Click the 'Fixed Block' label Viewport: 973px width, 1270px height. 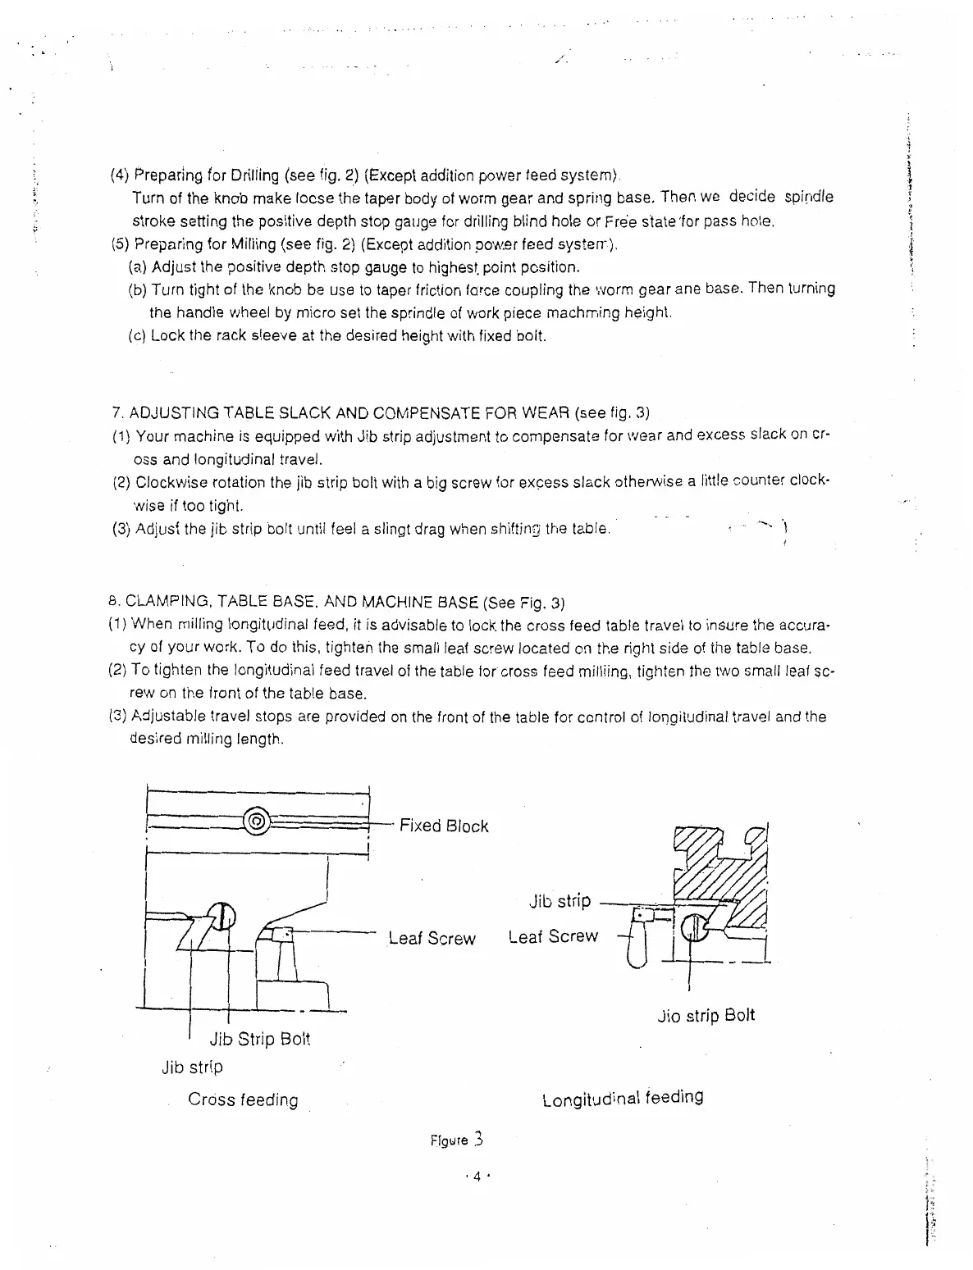click(x=443, y=826)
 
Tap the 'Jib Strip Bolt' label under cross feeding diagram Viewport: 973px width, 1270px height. click(x=259, y=1039)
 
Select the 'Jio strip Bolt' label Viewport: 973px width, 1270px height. click(x=706, y=1016)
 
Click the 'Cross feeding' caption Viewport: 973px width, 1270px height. click(x=243, y=1099)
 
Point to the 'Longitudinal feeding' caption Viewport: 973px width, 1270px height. click(x=623, y=1098)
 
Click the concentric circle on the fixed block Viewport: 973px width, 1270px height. click(x=257, y=821)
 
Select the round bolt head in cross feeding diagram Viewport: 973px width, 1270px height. click(x=221, y=917)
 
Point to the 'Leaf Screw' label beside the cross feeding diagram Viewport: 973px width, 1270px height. click(x=432, y=938)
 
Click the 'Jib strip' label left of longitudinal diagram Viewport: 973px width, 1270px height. click(x=560, y=902)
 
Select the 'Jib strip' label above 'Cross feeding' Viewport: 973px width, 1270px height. click(x=192, y=1067)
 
